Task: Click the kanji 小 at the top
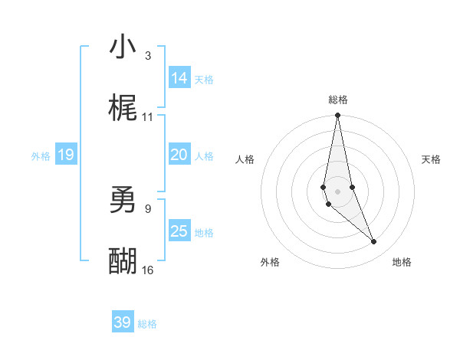click(x=123, y=47)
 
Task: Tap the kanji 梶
click(x=123, y=109)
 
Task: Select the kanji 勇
click(x=123, y=201)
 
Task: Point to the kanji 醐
click(x=123, y=262)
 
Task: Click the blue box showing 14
click(x=179, y=78)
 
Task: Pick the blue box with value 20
click(x=179, y=155)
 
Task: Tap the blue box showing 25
click(x=179, y=231)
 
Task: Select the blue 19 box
click(x=65, y=155)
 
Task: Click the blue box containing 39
click(x=123, y=322)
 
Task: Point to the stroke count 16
click(x=148, y=270)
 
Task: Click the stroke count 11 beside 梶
click(x=148, y=117)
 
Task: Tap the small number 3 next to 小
click(x=148, y=56)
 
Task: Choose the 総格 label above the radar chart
click(x=337, y=100)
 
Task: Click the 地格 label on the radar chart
click(x=402, y=262)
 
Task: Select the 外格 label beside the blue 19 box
click(x=41, y=156)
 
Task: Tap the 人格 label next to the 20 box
click(x=204, y=156)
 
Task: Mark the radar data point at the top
click(x=337, y=116)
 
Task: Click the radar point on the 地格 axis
click(x=374, y=242)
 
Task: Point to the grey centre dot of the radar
click(x=337, y=191)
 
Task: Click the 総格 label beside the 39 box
click(x=147, y=324)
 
